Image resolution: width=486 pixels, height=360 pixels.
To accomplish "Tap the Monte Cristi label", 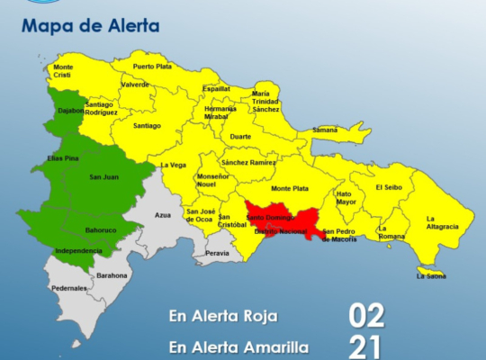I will pos(63,72).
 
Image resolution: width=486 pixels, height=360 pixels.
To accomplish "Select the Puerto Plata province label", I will pos(153,67).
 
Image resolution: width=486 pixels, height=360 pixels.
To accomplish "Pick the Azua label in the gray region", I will pos(162,216).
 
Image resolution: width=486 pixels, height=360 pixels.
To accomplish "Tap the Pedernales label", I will pos(68,288).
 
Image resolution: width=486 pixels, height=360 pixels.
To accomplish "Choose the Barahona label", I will pos(112,275).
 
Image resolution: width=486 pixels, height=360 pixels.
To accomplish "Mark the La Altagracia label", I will pos(443,222).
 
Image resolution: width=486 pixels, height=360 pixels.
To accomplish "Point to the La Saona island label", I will pos(430,276).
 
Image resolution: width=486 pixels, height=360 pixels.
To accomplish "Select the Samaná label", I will pos(324,130).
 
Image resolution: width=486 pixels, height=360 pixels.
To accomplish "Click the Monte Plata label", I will pos(289,188).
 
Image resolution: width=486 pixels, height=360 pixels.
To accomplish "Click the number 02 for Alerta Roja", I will pos(367,316).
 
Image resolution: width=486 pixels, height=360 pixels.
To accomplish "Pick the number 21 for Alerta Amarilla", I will pos(367,346).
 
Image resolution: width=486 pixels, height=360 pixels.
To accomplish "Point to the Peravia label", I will pos(217,254).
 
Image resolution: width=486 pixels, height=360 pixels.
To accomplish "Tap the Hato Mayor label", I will pos(346,198).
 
